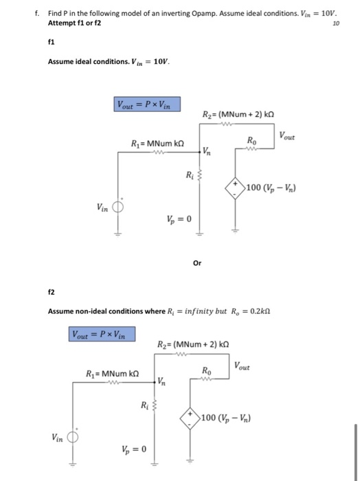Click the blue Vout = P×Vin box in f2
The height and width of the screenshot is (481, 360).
point(102,334)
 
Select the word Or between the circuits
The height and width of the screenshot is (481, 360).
point(197,262)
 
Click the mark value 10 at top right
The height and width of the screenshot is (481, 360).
point(336,23)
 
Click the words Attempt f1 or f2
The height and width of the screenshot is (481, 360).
point(74,23)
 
